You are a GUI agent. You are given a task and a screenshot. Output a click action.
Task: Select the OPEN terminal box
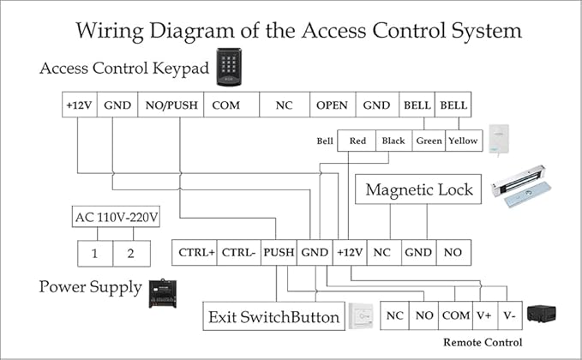click(x=332, y=105)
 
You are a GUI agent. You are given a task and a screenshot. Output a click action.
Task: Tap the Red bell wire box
click(x=357, y=141)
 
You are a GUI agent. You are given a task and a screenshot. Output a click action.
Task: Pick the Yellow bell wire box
click(x=464, y=141)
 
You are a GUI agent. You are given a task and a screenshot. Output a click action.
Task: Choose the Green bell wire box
click(x=428, y=141)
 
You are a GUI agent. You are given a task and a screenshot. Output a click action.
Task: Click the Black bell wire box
click(x=393, y=141)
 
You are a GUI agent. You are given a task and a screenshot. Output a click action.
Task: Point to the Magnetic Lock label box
click(x=419, y=189)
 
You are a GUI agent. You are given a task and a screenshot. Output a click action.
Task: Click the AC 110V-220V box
click(x=114, y=218)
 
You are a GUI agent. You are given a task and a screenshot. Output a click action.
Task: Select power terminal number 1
click(x=95, y=254)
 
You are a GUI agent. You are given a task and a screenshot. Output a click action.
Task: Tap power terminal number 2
click(x=131, y=254)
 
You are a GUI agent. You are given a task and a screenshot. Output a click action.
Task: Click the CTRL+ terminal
click(x=195, y=253)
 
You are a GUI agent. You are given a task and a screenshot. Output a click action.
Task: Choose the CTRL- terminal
click(x=237, y=253)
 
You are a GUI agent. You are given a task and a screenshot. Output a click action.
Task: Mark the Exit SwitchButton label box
click(x=274, y=317)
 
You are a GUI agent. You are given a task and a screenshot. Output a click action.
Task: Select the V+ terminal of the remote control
click(x=484, y=315)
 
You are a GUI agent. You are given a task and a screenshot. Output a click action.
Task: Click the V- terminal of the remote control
click(x=509, y=315)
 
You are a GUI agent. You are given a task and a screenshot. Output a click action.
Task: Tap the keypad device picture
click(x=229, y=66)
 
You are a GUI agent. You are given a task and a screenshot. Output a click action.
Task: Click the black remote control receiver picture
click(x=542, y=315)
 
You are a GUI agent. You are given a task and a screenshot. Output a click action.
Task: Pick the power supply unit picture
click(x=162, y=293)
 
